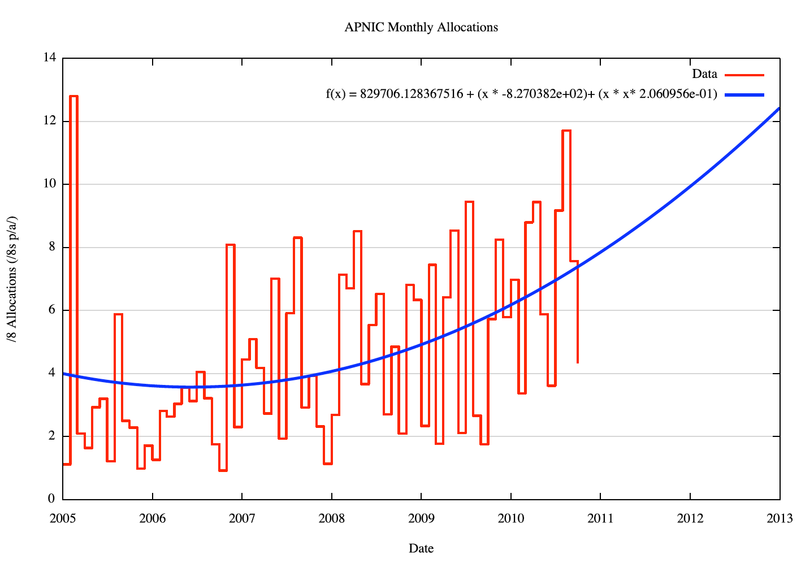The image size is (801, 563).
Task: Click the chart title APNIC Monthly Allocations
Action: coord(421,27)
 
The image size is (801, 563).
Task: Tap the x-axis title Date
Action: coord(421,548)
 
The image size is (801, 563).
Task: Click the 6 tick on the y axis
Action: coord(51,310)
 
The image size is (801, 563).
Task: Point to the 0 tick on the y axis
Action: coord(51,499)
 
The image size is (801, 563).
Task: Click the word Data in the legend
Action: coord(704,74)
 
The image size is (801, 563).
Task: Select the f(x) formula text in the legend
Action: coord(521,94)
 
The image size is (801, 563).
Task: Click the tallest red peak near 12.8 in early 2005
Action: coord(74,97)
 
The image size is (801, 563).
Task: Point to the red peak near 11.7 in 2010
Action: coord(566,131)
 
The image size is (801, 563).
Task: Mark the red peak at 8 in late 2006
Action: coord(231,245)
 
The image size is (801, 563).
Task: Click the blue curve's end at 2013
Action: coord(779,109)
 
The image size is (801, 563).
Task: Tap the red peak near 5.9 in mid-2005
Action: coord(119,314)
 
